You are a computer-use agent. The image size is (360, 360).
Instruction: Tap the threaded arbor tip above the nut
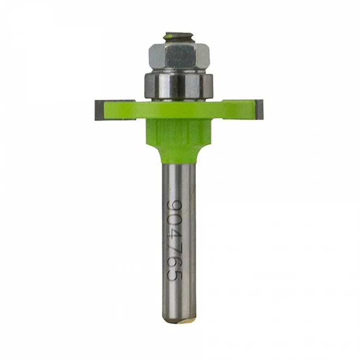(x=179, y=38)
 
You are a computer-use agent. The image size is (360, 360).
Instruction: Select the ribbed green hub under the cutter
(x=179, y=131)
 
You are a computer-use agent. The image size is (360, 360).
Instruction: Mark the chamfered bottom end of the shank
(x=179, y=319)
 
